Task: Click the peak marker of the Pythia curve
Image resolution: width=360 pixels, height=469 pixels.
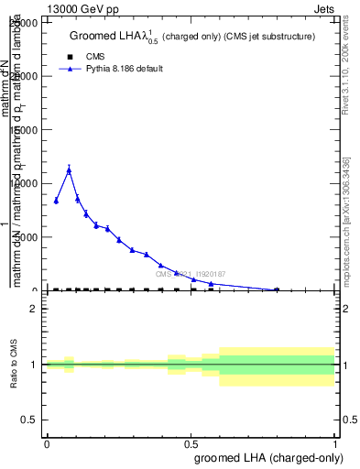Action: (x=69, y=169)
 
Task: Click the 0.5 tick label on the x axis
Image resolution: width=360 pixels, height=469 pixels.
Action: (x=191, y=443)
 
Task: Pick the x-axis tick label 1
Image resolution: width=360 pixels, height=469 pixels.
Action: (x=335, y=443)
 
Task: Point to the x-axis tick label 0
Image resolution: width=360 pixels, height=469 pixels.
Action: (x=47, y=443)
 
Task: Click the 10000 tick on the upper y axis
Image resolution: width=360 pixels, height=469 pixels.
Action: (x=24, y=183)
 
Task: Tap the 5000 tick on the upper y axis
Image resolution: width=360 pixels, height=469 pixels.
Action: (x=27, y=237)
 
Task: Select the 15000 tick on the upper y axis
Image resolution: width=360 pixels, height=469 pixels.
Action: (x=24, y=130)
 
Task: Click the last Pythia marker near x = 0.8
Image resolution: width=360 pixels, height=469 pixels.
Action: (x=277, y=289)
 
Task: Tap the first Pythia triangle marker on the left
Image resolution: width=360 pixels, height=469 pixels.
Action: (x=56, y=201)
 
